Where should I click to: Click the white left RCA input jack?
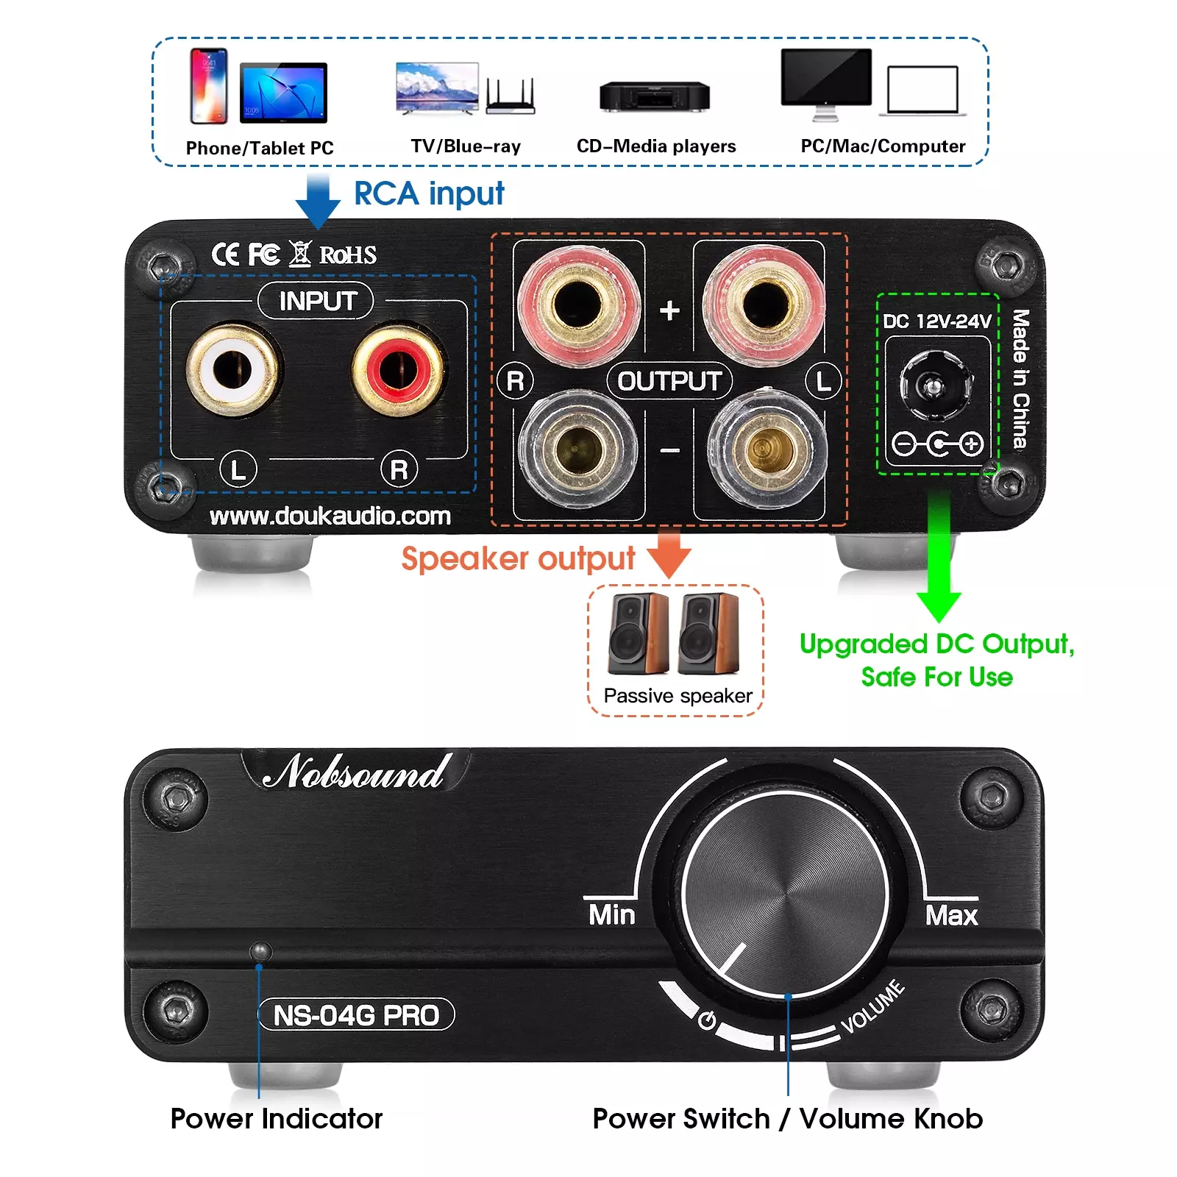(232, 369)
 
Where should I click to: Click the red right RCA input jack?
(398, 369)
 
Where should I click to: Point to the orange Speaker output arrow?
(669, 553)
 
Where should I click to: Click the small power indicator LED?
(260, 950)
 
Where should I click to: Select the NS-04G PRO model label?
(357, 1015)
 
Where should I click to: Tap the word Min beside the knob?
(612, 915)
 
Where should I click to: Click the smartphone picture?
(209, 85)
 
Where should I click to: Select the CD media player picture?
(655, 96)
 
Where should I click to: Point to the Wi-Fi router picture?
(511, 96)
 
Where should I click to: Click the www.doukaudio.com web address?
(330, 516)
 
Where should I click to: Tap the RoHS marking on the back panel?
(348, 255)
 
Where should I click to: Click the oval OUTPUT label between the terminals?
(669, 381)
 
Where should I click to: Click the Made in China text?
(1020, 379)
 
